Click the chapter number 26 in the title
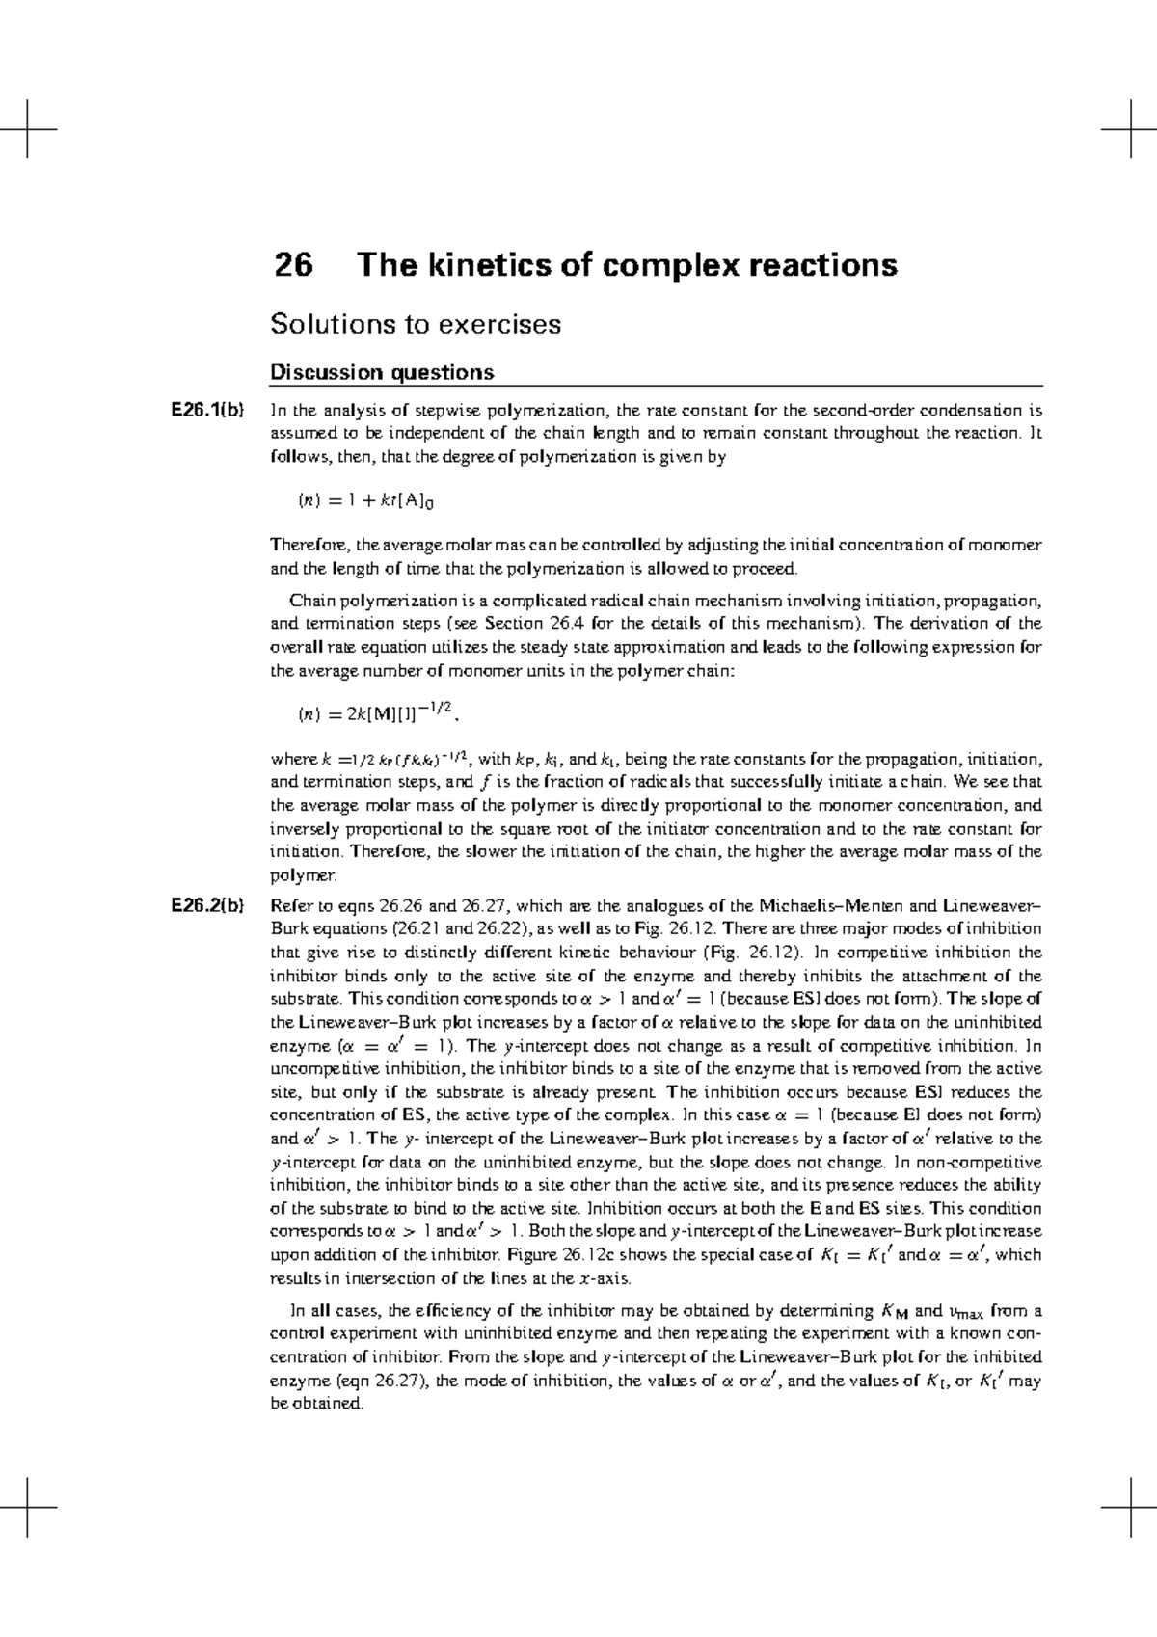point(293,265)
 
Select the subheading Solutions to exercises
point(415,324)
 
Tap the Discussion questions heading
point(382,372)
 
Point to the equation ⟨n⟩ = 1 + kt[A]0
point(370,500)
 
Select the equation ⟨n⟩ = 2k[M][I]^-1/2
point(376,713)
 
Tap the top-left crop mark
point(29,128)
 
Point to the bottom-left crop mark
point(29,1506)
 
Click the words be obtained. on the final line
point(318,1404)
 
